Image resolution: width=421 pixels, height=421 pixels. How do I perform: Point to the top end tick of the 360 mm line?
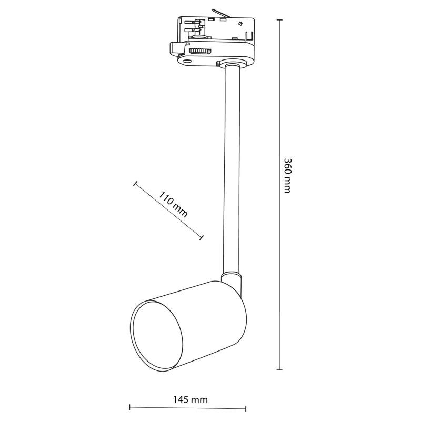pyautogui.click(x=279, y=20)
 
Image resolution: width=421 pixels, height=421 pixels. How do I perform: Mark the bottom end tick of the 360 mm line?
pyautogui.click(x=279, y=370)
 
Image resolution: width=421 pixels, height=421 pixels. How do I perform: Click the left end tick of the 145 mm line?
pyautogui.click(x=129, y=407)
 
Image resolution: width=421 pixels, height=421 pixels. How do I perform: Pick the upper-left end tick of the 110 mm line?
pyautogui.click(x=135, y=184)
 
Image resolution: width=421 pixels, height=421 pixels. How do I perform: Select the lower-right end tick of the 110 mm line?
pyautogui.click(x=202, y=238)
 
